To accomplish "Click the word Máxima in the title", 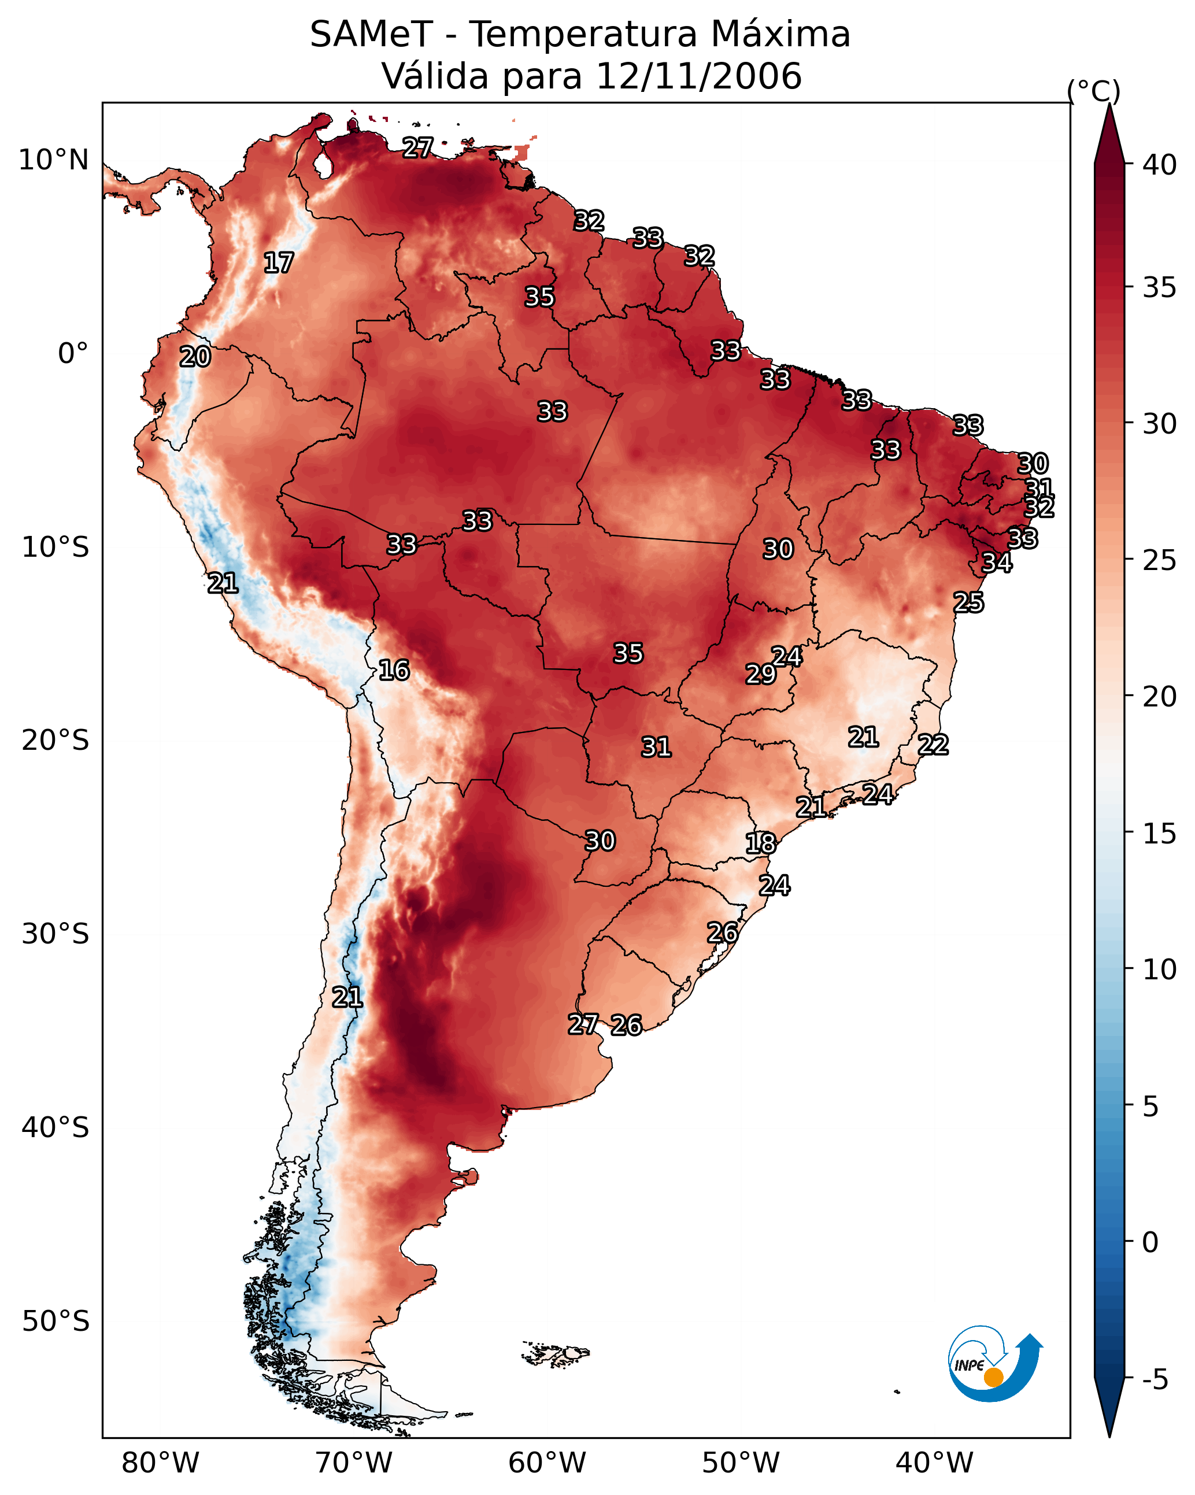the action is pyautogui.click(x=778, y=34).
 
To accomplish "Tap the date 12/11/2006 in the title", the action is pyautogui.click(x=698, y=76).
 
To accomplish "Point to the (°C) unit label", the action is pyautogui.click(x=1094, y=91).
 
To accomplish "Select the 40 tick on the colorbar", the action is pyautogui.click(x=1160, y=165).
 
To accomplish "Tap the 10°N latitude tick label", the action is pyautogui.click(x=53, y=160).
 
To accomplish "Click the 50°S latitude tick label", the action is pyautogui.click(x=56, y=1322).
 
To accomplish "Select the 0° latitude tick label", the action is pyautogui.click(x=73, y=354).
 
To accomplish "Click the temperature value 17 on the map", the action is pyautogui.click(x=279, y=263).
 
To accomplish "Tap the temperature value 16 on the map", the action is pyautogui.click(x=394, y=670).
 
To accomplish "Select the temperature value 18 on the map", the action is pyautogui.click(x=761, y=843).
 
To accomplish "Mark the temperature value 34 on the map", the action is pyautogui.click(x=997, y=563).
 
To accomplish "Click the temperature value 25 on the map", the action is pyautogui.click(x=968, y=602).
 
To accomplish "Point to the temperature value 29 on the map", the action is pyautogui.click(x=761, y=674).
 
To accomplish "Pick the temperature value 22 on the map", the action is pyautogui.click(x=933, y=745).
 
